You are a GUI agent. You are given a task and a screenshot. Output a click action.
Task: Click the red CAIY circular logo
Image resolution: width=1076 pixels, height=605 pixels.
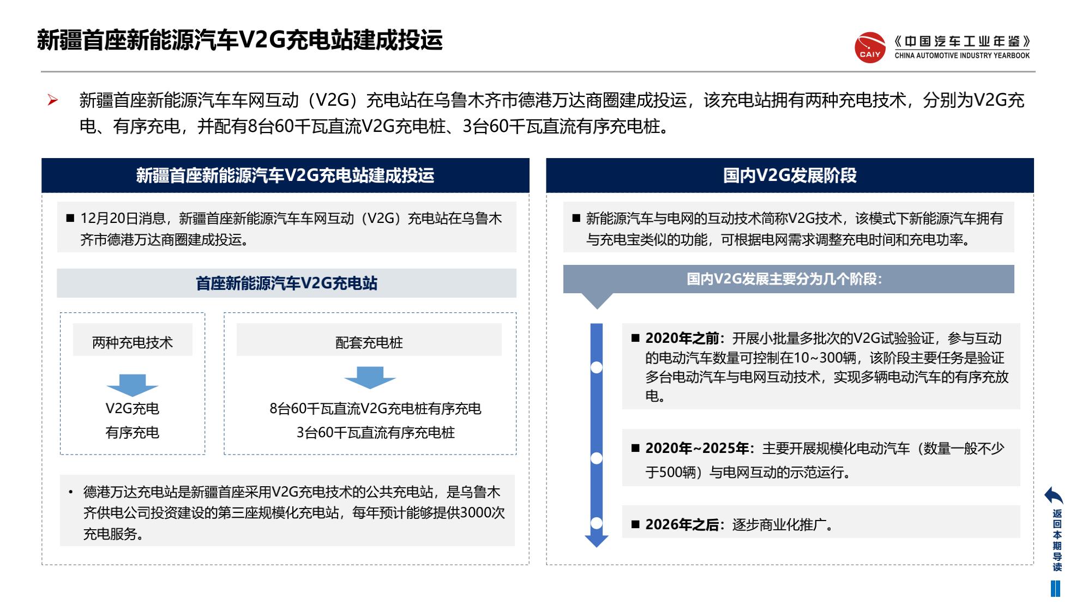(x=870, y=47)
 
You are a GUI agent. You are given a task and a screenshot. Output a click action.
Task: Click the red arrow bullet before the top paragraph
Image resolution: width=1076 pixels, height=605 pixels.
(x=52, y=100)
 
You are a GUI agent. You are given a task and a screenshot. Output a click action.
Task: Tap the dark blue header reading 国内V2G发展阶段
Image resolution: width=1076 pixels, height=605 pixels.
(x=790, y=176)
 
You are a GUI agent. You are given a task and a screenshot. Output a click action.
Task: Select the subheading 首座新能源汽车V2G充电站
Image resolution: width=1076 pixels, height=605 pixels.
(x=286, y=283)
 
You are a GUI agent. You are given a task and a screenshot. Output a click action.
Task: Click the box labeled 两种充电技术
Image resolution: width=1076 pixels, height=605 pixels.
(x=133, y=340)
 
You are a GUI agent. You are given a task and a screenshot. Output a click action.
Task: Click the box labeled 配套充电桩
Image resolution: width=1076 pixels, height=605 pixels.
(x=369, y=340)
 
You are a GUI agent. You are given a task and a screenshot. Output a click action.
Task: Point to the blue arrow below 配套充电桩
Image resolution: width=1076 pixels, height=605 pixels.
(x=370, y=378)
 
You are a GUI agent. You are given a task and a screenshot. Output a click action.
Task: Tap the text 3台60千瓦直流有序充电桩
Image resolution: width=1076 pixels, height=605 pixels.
(x=375, y=433)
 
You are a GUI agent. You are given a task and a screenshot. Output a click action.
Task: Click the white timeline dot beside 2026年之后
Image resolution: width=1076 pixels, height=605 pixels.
(x=597, y=523)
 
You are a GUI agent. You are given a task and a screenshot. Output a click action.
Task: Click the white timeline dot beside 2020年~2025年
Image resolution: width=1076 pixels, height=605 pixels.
(x=597, y=458)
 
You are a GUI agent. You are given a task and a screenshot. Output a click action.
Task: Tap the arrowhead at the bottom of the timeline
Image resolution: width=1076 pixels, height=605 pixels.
(x=597, y=541)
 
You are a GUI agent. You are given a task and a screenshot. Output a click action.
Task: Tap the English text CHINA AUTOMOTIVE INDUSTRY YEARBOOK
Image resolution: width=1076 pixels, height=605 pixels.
(x=962, y=55)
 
